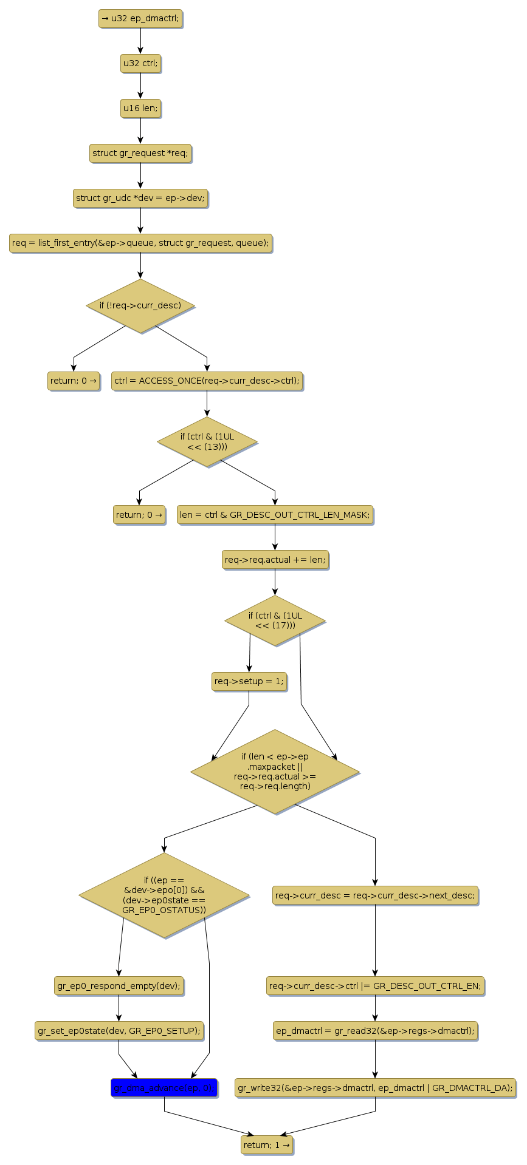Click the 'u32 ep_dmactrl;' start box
click(x=140, y=19)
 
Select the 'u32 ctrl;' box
click(x=140, y=64)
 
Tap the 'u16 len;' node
click(x=140, y=109)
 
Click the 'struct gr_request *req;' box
click(x=140, y=154)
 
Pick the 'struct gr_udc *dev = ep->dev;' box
click(x=140, y=199)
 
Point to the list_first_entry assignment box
click(x=140, y=243)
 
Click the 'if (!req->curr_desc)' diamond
click(x=140, y=306)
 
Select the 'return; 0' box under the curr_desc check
click(x=74, y=381)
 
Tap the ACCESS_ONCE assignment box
click(x=207, y=381)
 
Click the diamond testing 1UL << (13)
click(x=207, y=442)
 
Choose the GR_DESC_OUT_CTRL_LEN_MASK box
click(x=275, y=515)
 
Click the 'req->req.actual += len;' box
click(x=275, y=560)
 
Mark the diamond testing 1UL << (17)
click(x=275, y=621)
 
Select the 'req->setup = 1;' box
click(x=249, y=682)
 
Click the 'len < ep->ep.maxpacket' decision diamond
click(x=275, y=772)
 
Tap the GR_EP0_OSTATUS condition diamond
click(x=164, y=895)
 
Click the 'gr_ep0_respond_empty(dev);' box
click(x=119, y=987)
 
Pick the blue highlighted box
click(x=164, y=1089)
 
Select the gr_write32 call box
click(x=375, y=1089)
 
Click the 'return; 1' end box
click(x=267, y=1146)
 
